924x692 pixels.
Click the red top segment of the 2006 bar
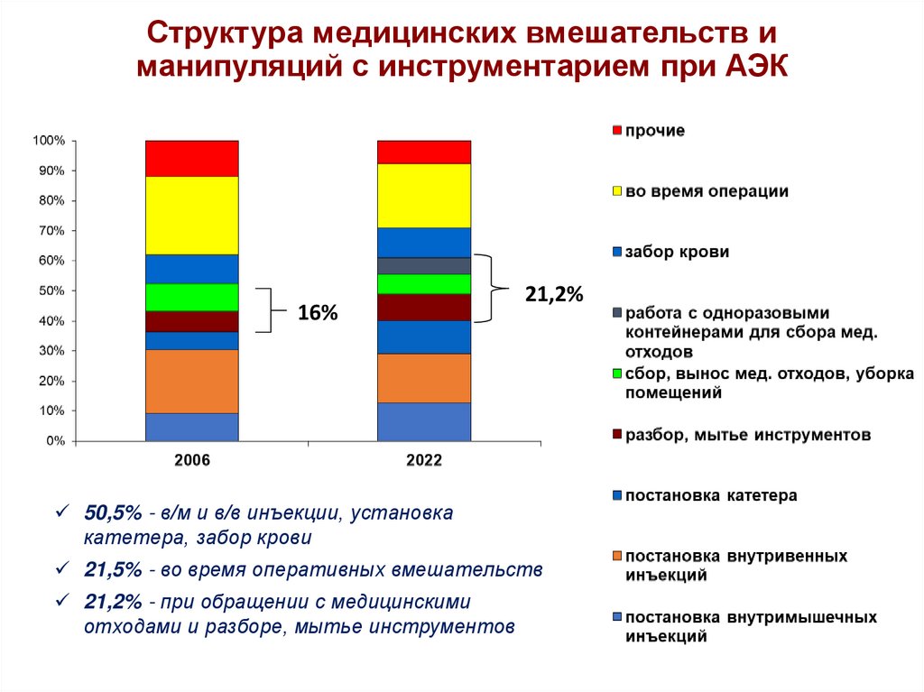pyautogui.click(x=191, y=158)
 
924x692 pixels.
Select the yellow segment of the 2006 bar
pyautogui.click(x=191, y=215)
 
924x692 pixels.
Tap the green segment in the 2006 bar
pyautogui.click(x=191, y=297)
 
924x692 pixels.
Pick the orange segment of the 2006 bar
pyautogui.click(x=191, y=381)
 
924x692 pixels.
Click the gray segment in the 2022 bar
pyautogui.click(x=423, y=265)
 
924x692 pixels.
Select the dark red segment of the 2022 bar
pyautogui.click(x=423, y=307)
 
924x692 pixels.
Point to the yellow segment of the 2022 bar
pyautogui.click(x=423, y=195)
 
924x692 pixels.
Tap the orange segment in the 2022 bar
pyautogui.click(x=423, y=377)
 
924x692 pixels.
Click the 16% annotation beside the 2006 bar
pyautogui.click(x=318, y=313)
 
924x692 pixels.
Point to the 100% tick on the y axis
pyautogui.click(x=49, y=141)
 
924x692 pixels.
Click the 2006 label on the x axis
pyautogui.click(x=191, y=460)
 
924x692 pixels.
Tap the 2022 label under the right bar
pyautogui.click(x=423, y=460)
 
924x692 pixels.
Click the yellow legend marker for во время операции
pyautogui.click(x=617, y=191)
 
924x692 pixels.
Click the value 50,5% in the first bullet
pyautogui.click(x=113, y=513)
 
